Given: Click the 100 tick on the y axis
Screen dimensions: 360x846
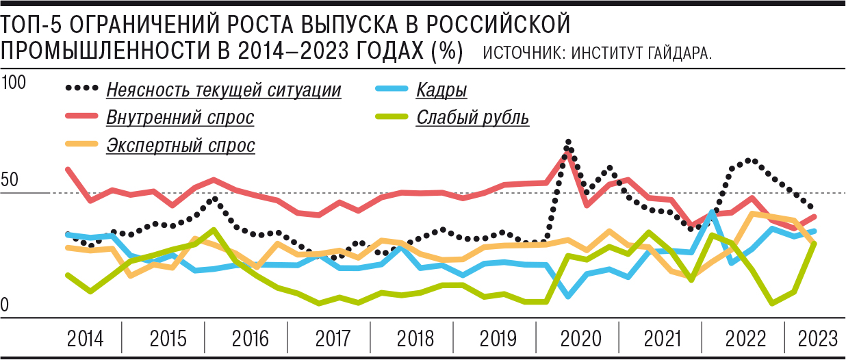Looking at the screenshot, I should click(14, 83).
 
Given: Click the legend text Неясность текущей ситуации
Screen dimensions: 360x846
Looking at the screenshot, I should click(224, 90).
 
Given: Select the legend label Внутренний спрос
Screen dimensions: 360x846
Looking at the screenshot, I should click(180, 118).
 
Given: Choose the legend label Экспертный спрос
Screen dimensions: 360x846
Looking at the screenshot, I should click(181, 145).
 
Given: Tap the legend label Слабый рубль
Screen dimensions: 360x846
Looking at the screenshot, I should click(472, 118).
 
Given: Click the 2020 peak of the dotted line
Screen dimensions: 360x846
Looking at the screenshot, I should click(568, 142).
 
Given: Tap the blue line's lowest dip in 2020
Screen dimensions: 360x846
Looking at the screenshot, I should click(568, 296).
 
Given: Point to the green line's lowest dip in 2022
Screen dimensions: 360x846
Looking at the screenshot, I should click(773, 303).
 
